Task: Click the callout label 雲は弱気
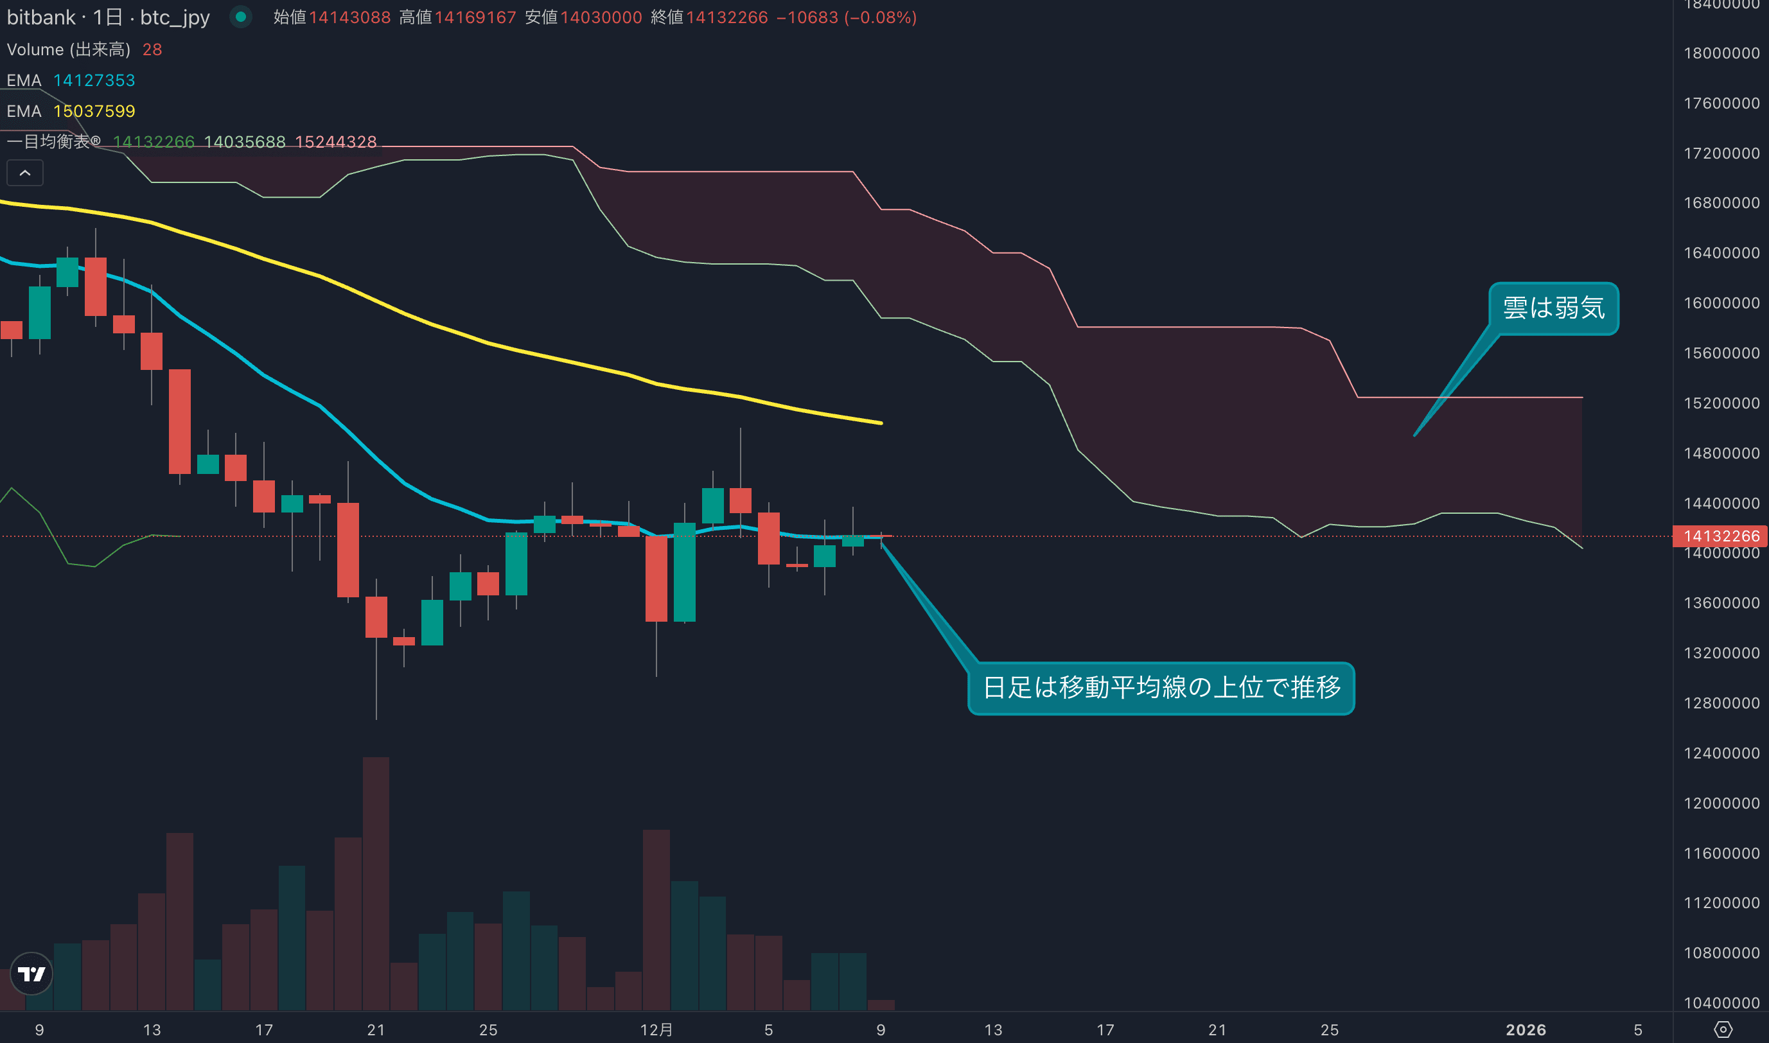(x=1553, y=308)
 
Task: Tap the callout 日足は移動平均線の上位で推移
(x=1161, y=688)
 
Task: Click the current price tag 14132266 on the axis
(x=1721, y=536)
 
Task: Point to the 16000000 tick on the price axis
(x=1721, y=303)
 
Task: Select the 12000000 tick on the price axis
(x=1721, y=803)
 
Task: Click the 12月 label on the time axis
(x=656, y=1030)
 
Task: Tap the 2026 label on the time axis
(x=1526, y=1030)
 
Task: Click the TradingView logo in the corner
(x=31, y=974)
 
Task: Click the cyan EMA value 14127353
(x=94, y=80)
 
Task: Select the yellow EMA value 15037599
(x=94, y=111)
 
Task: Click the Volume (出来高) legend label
(x=68, y=49)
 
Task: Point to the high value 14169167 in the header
(x=475, y=17)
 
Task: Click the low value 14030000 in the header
(x=601, y=17)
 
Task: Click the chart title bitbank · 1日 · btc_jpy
(x=109, y=17)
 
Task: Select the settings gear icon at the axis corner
(x=1723, y=1030)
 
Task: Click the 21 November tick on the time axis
(x=376, y=1030)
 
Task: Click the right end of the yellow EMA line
(x=881, y=423)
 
